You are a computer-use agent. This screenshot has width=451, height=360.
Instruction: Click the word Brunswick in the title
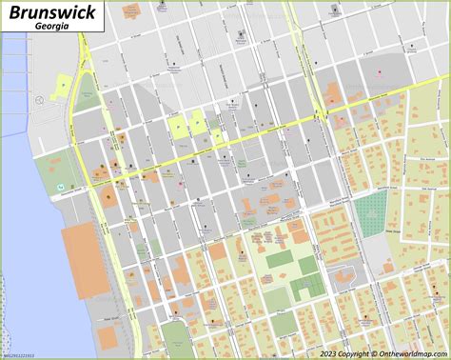click(46, 13)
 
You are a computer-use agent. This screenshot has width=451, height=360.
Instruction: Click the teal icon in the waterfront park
click(60, 185)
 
